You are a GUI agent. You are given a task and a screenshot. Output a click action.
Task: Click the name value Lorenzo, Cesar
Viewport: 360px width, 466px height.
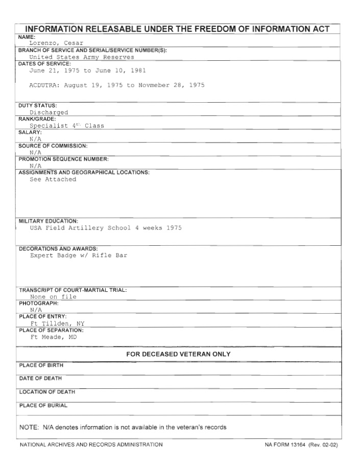pos(56,43)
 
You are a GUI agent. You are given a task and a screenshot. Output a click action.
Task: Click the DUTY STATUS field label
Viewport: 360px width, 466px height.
pos(38,105)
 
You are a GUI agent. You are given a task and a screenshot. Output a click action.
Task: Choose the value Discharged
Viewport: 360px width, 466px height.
pos(49,112)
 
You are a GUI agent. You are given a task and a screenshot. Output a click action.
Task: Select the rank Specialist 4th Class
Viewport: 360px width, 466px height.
pos(67,126)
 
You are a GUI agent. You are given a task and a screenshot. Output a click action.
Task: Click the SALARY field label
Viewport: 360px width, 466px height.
pos(30,132)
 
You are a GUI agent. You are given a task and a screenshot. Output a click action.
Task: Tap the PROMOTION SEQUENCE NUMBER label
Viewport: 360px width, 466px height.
pos(63,159)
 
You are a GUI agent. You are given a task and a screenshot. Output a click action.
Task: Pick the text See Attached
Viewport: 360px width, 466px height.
pos(53,179)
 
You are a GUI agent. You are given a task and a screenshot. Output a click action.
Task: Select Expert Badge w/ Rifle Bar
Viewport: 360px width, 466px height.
pos(79,255)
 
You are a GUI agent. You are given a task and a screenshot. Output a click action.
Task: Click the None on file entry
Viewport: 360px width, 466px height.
pos(53,296)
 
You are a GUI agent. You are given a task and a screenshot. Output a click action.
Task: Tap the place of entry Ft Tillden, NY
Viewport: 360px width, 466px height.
pos(57,323)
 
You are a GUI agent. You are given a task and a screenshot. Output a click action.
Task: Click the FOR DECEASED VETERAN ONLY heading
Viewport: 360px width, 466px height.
pos(178,354)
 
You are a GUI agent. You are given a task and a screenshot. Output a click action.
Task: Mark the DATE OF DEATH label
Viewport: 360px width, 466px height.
pos(41,379)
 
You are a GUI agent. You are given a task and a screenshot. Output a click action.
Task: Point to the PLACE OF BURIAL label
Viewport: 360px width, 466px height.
pos(43,406)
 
